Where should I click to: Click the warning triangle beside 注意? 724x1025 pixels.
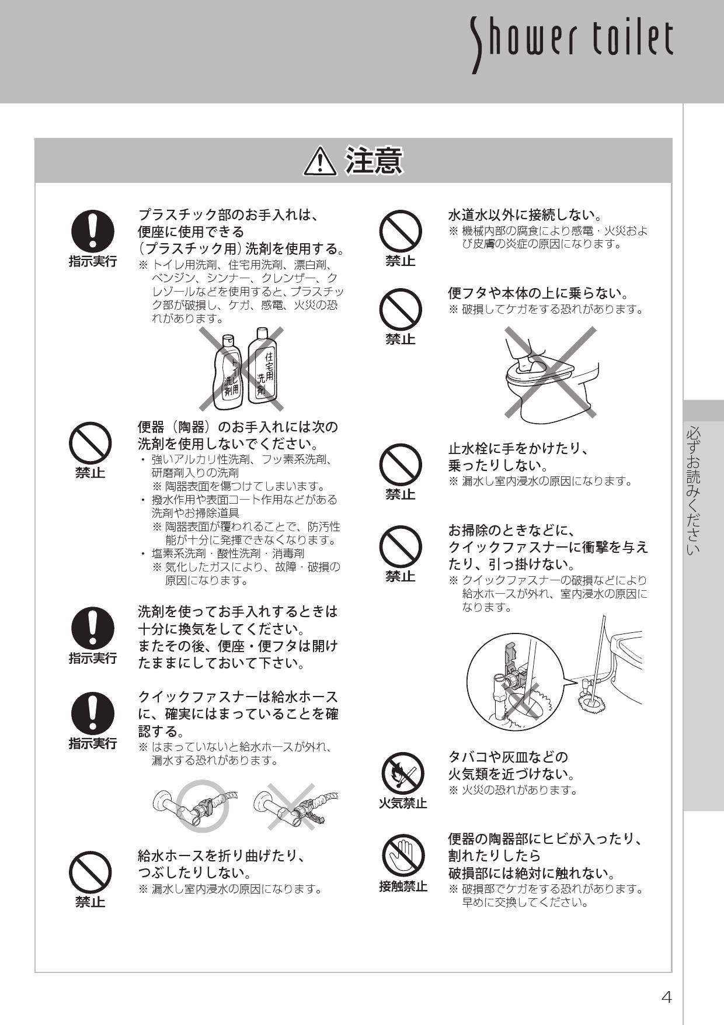[x=320, y=162]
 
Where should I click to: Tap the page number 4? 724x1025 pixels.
[x=666, y=997]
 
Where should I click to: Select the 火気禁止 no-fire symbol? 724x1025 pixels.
[x=402, y=773]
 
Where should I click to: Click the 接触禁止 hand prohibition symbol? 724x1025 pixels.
[x=402, y=856]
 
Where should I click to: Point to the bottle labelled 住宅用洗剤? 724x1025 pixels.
[x=263, y=366]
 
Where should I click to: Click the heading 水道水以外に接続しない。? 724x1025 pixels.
[x=525, y=214]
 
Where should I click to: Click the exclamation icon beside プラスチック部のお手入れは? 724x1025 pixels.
[x=93, y=230]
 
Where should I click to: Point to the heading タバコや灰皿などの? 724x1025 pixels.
[x=507, y=757]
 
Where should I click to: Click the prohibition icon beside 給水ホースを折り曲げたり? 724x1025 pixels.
[x=90, y=872]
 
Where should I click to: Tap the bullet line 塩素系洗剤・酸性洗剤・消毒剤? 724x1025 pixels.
[x=228, y=553]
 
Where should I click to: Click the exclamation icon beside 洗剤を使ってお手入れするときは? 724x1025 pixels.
[x=93, y=628]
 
